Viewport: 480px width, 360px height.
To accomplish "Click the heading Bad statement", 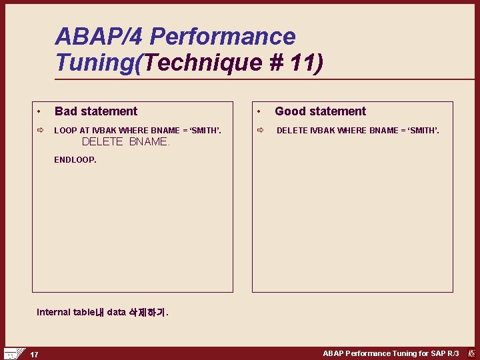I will [96, 111].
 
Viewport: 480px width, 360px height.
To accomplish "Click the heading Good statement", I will [320, 111].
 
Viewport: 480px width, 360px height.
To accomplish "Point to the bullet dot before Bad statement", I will [40, 111].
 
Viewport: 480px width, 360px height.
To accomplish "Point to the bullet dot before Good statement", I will [260, 111].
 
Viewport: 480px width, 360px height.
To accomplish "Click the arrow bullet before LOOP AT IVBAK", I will [40, 130].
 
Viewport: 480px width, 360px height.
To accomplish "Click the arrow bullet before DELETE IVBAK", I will [260, 130].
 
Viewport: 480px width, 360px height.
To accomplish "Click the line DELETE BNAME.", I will [125, 142].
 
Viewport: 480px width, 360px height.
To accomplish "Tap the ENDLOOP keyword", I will [75, 160].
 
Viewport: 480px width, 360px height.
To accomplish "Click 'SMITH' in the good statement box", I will [422, 130].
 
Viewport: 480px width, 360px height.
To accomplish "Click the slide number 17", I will [34, 354].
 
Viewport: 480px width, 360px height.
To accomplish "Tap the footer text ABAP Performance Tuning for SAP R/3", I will [391, 353].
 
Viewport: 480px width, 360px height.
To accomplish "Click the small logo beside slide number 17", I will [13, 353].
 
